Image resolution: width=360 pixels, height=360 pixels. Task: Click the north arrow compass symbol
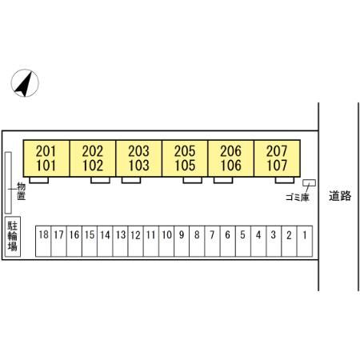click(25, 83)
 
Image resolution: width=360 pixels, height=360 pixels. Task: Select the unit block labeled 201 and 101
click(46, 158)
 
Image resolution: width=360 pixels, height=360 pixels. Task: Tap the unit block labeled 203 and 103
click(138, 158)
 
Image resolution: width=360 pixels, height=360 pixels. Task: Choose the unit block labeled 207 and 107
click(278, 158)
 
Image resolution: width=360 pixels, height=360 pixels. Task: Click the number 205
click(185, 151)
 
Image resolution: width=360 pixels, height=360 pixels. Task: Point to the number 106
click(231, 166)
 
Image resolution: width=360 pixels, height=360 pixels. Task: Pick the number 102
click(93, 166)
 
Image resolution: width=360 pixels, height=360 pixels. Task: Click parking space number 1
click(305, 241)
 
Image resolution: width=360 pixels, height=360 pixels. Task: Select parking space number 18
click(43, 241)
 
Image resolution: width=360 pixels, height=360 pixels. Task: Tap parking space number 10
click(166, 241)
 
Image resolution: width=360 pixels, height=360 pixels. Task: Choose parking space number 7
click(212, 241)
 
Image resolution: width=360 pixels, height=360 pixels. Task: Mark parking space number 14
click(105, 241)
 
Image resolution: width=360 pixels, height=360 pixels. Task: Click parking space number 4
click(258, 241)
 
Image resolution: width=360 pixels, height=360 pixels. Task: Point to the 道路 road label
click(340, 196)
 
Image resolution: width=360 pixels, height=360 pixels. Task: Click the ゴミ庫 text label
click(297, 198)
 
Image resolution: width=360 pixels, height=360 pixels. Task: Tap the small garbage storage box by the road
click(309, 182)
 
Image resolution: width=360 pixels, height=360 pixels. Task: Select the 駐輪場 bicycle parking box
click(13, 236)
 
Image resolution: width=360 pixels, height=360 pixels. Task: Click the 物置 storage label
click(21, 191)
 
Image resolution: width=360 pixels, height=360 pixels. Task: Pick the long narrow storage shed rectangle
click(8, 183)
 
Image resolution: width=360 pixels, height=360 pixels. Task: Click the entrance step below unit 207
click(285, 180)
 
